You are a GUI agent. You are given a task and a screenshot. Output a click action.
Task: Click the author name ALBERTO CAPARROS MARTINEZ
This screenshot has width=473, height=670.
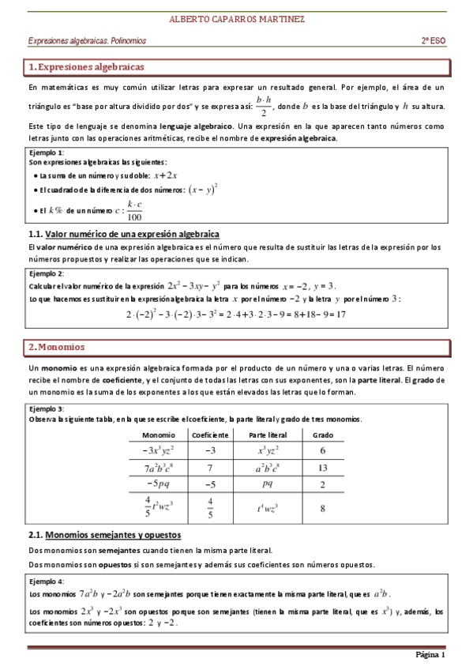pyautogui.click(x=237, y=18)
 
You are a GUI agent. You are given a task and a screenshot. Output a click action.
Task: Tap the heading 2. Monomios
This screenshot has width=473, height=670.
pyautogui.click(x=56, y=348)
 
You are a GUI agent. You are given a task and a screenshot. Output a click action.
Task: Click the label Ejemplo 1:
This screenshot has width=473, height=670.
pyautogui.click(x=46, y=152)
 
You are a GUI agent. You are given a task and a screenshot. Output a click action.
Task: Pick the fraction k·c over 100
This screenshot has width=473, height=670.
pyautogui.click(x=134, y=211)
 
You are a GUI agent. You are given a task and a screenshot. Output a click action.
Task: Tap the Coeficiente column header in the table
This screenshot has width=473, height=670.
pyautogui.click(x=210, y=435)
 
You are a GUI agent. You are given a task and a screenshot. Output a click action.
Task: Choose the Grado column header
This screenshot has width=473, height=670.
pyautogui.click(x=323, y=435)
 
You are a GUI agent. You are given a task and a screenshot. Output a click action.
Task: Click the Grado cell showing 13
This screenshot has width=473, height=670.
pyautogui.click(x=323, y=468)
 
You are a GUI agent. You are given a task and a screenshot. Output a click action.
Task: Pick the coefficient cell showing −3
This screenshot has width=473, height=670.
pyautogui.click(x=210, y=450)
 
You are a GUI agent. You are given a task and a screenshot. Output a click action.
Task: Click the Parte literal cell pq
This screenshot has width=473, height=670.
pyautogui.click(x=268, y=484)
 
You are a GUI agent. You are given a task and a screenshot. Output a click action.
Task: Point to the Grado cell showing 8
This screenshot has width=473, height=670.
pyautogui.click(x=323, y=509)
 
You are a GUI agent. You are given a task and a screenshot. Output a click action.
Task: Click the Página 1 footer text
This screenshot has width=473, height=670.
pyautogui.click(x=430, y=655)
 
